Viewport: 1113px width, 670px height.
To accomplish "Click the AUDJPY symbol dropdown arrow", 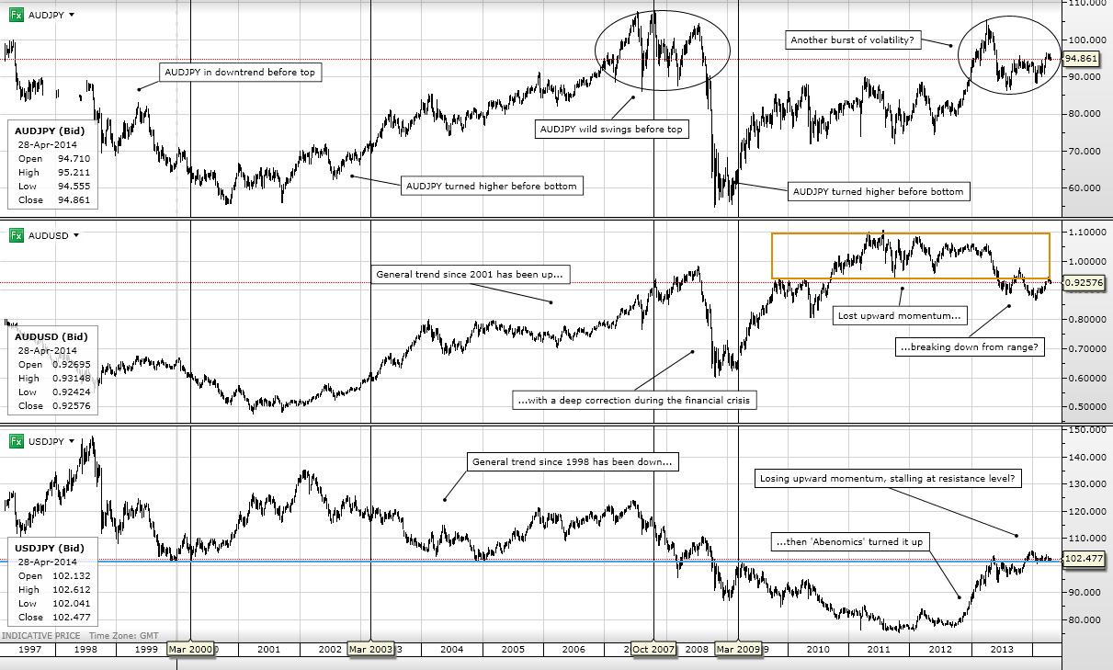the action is coord(72,15).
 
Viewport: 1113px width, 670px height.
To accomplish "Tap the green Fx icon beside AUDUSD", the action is coord(17,235).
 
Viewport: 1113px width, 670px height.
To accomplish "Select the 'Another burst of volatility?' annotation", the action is coord(853,40).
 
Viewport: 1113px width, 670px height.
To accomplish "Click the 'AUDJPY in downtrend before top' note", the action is coord(240,72).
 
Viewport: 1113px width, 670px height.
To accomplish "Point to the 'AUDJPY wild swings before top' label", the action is coord(612,130).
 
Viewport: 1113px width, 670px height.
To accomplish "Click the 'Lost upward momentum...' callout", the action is coord(900,315).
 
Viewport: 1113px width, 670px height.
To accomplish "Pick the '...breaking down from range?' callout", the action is coord(970,346).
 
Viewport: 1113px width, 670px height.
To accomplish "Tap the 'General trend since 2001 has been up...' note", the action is coord(470,275).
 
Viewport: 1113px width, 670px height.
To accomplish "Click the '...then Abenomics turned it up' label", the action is coord(849,541).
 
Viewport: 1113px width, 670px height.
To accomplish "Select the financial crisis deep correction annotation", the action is coord(634,400).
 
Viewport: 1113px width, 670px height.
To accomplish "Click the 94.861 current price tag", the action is coord(1081,59).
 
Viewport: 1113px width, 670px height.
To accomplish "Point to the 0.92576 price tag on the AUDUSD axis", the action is coord(1084,283).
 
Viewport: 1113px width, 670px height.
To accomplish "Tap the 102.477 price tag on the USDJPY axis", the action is coord(1084,558).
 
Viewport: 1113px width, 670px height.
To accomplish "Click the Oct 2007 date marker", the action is coord(653,649).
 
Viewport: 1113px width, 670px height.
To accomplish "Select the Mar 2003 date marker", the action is coord(370,649).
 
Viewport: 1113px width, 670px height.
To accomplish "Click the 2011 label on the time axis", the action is coord(879,649).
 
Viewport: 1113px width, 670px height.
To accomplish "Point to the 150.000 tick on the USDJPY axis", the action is coord(1085,430).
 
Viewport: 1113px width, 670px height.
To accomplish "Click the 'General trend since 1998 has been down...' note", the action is coord(573,461).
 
